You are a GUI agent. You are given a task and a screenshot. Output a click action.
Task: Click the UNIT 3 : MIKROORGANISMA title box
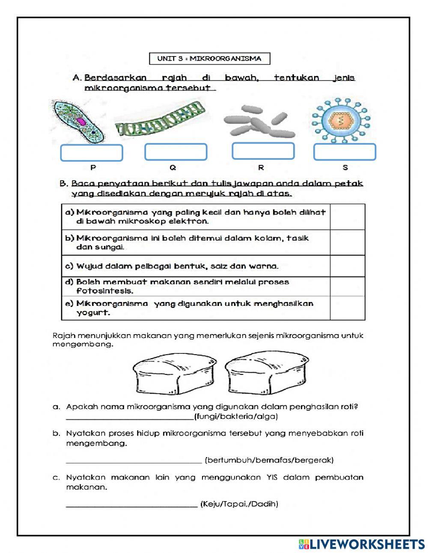209,59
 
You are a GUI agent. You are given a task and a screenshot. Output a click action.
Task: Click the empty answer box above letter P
91,153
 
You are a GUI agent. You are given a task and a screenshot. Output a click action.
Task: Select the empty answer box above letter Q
175,152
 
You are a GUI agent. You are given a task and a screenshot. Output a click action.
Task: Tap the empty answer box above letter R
263,151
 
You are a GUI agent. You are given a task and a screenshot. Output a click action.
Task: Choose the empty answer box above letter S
345,152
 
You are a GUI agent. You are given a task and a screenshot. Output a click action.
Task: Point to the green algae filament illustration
160,120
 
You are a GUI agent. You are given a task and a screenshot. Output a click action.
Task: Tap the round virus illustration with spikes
341,120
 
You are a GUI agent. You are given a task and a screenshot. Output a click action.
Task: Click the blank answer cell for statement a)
347,217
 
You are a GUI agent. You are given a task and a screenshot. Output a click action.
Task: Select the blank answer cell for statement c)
347,266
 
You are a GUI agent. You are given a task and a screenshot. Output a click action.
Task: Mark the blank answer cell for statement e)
347,308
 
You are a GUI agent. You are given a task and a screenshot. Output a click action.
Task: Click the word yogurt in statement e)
93,313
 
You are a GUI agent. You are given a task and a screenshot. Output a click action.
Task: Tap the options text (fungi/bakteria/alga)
236,416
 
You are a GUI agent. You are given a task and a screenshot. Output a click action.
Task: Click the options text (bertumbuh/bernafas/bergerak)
269,460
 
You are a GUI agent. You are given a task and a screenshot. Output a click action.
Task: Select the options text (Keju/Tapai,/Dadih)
239,504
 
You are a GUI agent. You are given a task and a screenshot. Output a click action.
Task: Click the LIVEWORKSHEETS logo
362,544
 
